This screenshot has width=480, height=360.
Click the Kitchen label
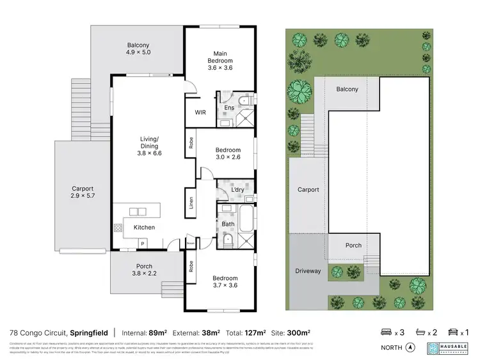[144, 228]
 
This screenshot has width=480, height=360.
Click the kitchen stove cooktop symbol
[118, 227]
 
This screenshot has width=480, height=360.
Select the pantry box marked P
[142, 243]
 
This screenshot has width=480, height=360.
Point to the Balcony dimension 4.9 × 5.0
[138, 52]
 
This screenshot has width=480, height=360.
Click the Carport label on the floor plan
[83, 189]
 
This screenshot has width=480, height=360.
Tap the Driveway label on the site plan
[308, 271]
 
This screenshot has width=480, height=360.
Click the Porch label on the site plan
[353, 245]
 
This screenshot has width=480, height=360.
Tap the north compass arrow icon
[411, 348]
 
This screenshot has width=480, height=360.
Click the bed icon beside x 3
[387, 333]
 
